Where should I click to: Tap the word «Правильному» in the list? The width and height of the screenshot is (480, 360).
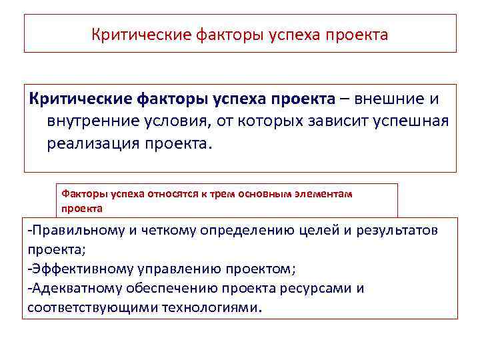[75, 231]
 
